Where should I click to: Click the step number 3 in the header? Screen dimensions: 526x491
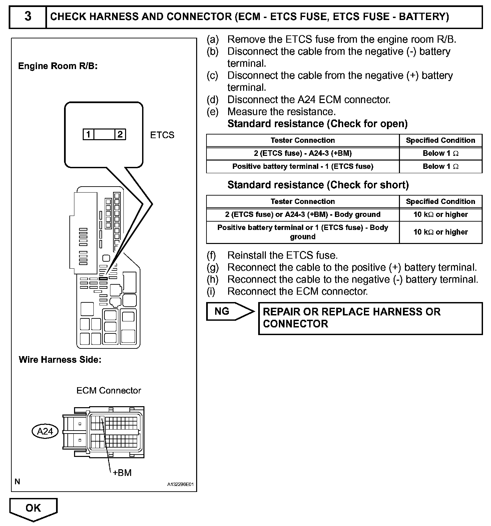(28, 16)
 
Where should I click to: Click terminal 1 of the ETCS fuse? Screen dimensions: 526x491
(88, 135)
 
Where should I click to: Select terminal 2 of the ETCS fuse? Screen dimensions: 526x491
(120, 135)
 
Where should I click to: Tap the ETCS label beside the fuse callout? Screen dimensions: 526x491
(162, 135)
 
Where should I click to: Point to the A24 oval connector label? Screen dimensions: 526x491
(45, 431)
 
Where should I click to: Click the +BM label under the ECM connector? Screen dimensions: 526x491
(122, 473)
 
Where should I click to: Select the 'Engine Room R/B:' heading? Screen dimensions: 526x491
(58, 66)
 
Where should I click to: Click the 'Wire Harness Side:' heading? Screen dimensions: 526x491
(60, 359)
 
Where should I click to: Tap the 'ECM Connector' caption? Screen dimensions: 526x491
(109, 390)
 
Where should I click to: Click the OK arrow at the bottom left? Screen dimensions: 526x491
(33, 508)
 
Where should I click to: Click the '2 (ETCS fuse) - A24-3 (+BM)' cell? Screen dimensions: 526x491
(303, 154)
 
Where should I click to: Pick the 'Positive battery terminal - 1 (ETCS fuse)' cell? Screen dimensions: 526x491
(303, 167)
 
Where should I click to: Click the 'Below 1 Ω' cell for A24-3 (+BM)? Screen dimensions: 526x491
(440, 154)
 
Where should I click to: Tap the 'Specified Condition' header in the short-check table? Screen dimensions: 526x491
(440, 202)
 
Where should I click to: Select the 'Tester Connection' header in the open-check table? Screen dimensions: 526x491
(303, 141)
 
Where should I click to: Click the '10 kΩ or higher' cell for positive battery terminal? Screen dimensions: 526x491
(440, 232)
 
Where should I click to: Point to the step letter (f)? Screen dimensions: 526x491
(211, 255)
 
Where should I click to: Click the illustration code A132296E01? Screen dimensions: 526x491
(180, 484)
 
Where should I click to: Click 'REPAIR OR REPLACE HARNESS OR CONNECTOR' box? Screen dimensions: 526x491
(370, 318)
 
